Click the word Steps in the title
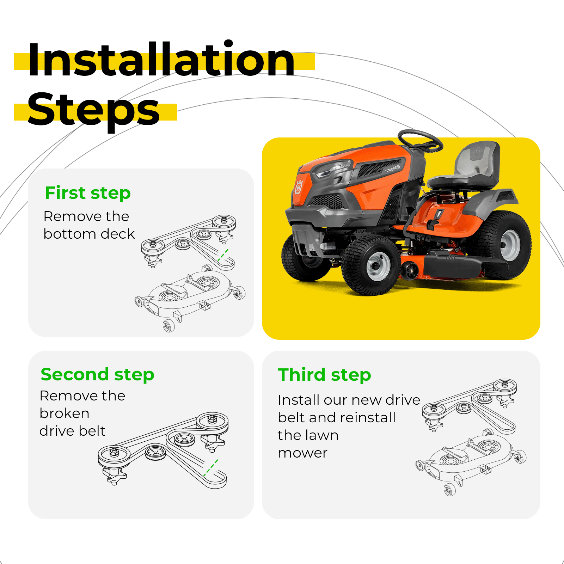click(94, 110)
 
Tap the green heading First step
click(88, 193)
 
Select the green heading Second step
click(98, 374)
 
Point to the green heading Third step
click(324, 375)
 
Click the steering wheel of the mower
click(420, 140)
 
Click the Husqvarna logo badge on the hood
click(299, 187)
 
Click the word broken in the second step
click(65, 413)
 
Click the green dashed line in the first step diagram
click(223, 255)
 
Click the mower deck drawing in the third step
click(471, 462)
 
